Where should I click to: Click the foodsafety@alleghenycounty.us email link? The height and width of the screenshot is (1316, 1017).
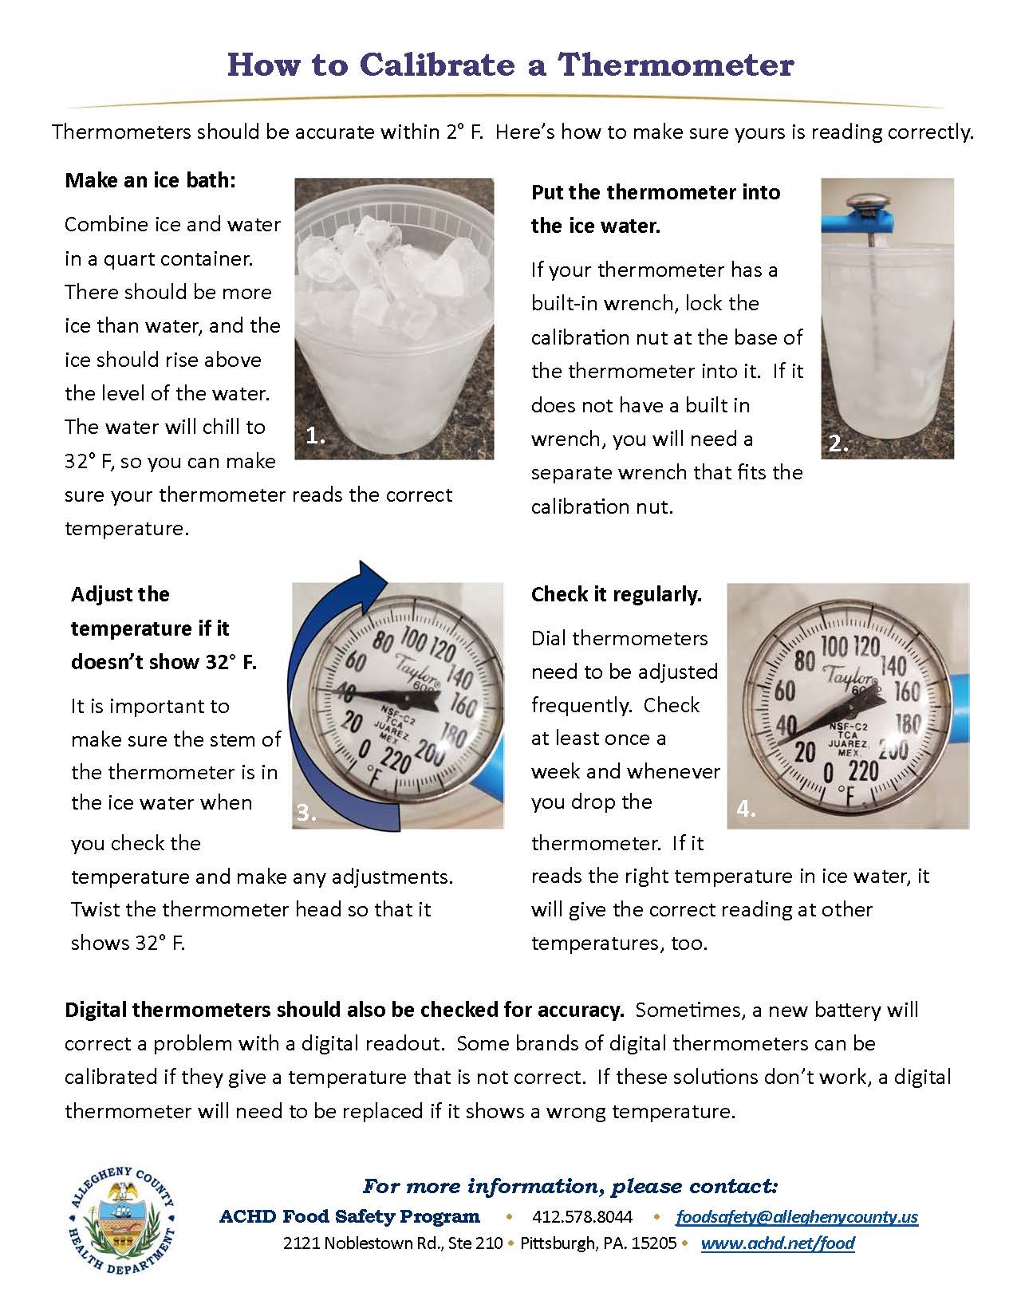pyautogui.click(x=797, y=1216)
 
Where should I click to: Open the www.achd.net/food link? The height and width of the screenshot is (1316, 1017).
pyautogui.click(x=778, y=1243)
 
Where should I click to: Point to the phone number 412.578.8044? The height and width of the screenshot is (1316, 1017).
pyautogui.click(x=582, y=1216)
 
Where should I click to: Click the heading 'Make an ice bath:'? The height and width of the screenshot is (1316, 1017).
pyautogui.click(x=150, y=180)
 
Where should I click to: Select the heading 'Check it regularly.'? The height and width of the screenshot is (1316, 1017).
pyautogui.click(x=616, y=594)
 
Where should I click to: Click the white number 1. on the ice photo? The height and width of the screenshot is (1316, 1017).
pyautogui.click(x=316, y=435)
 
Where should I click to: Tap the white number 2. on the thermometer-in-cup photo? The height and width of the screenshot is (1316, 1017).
pyautogui.click(x=838, y=444)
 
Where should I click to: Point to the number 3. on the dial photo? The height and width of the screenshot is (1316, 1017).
pyautogui.click(x=306, y=813)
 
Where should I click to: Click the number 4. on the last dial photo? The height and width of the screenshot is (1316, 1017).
pyautogui.click(x=746, y=809)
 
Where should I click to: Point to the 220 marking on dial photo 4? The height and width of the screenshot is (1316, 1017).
pyautogui.click(x=862, y=770)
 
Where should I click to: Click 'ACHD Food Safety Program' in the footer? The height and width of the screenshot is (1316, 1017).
pyautogui.click(x=349, y=1216)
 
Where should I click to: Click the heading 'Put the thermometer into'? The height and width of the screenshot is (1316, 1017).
pyautogui.click(x=655, y=192)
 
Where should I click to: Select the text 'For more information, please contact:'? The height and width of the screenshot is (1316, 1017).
pyautogui.click(x=570, y=1186)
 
